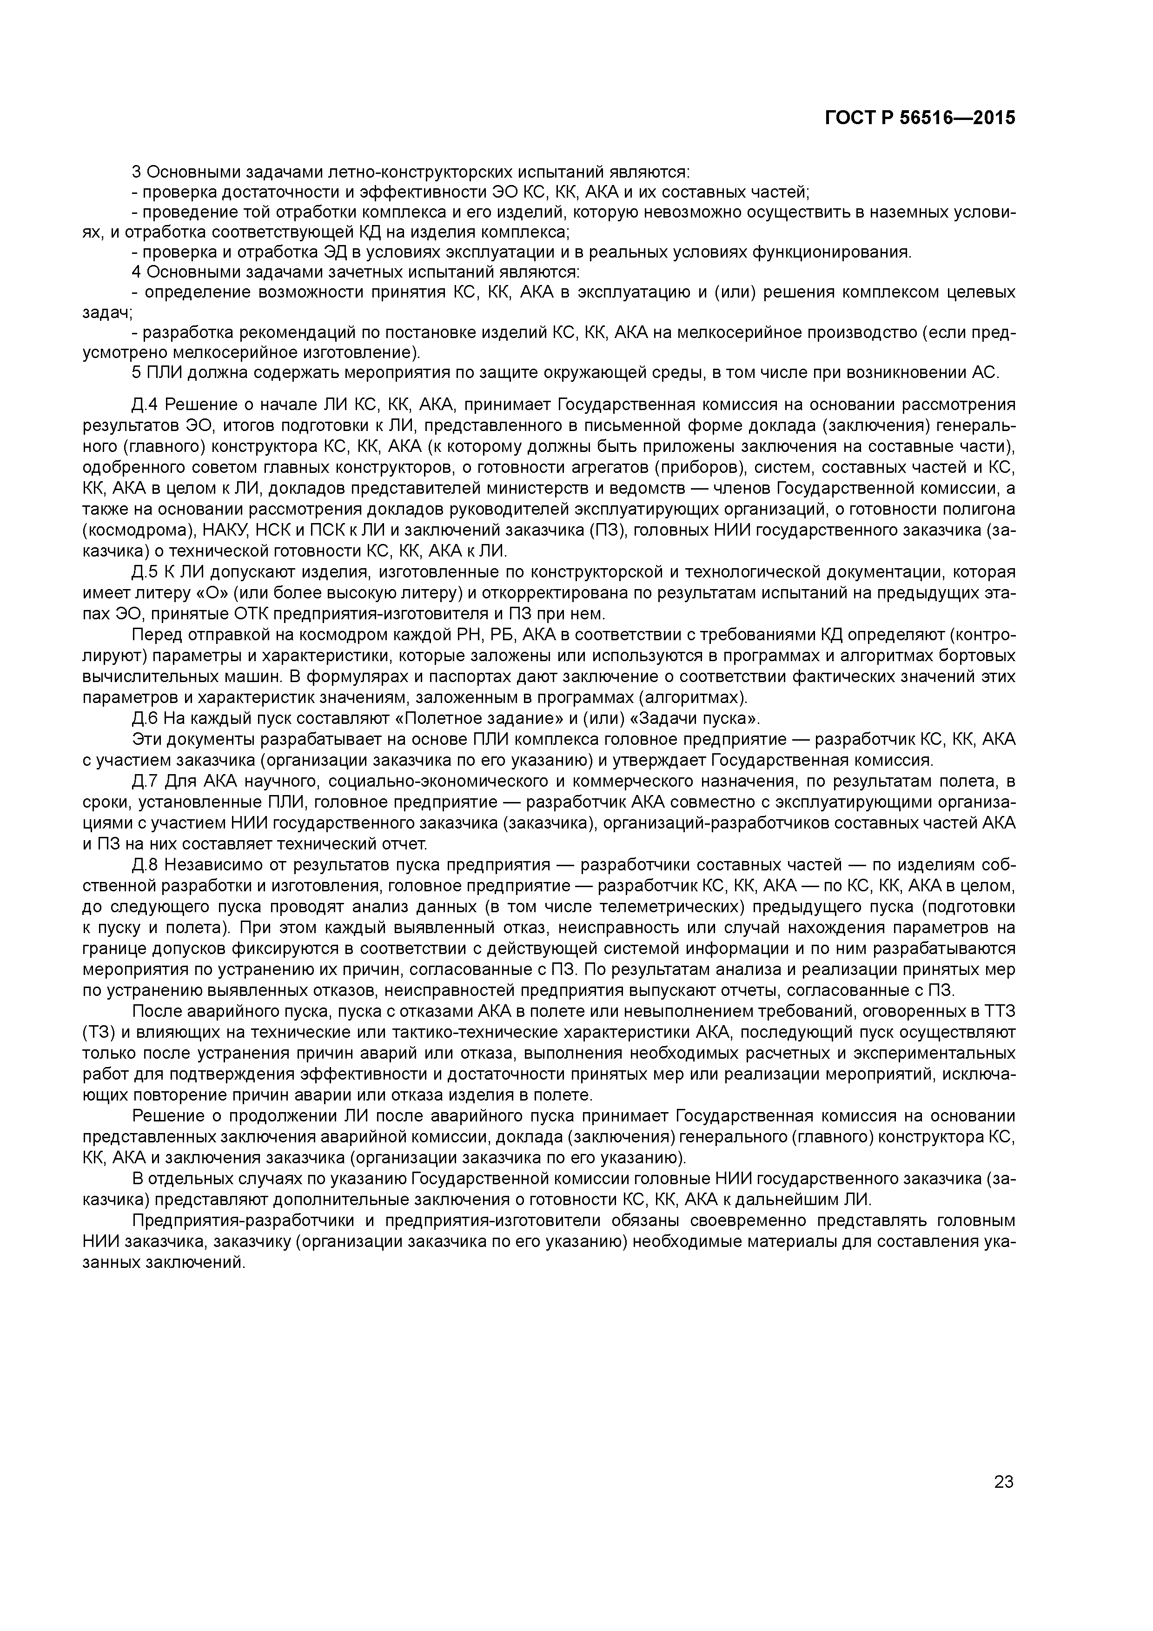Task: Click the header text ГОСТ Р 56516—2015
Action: point(920,119)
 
